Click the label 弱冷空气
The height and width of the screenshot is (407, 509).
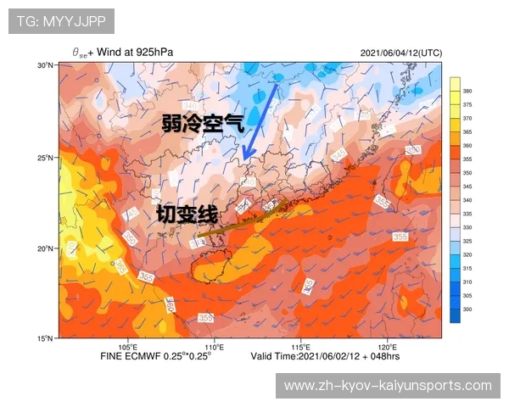coord(204,124)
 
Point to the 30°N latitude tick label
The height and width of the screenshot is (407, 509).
coord(46,65)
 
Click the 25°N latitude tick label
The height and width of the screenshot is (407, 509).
coord(46,158)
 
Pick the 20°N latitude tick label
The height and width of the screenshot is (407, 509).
coord(46,248)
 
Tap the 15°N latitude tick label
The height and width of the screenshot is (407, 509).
coord(46,338)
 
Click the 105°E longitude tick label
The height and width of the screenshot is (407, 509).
coord(128,346)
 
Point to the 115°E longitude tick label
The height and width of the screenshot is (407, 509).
coord(300,346)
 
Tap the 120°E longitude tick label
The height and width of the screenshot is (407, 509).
coord(387,346)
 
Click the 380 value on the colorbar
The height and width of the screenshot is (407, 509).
coord(467,91)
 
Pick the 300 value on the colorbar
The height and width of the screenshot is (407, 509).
coord(467,310)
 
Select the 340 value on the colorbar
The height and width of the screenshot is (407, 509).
coord(467,200)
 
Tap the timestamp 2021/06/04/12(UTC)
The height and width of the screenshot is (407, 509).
coord(400,53)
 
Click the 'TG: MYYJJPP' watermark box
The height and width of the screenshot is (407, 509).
coord(61,20)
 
